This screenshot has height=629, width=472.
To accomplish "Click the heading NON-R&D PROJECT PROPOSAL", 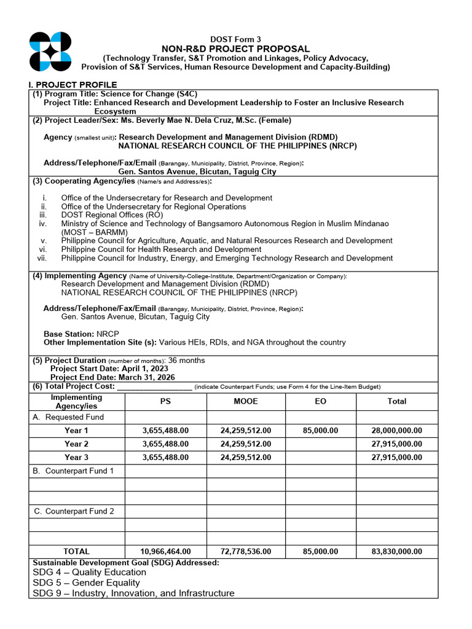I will click(235, 49).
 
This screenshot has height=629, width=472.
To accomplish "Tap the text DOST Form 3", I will click(235, 39).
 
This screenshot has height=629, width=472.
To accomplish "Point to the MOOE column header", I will click(245, 401).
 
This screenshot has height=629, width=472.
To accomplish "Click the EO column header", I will click(320, 401).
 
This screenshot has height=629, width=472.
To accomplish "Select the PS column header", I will click(165, 401).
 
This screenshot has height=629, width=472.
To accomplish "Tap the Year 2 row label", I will click(76, 443).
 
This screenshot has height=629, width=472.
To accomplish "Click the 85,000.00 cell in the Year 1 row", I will click(320, 431).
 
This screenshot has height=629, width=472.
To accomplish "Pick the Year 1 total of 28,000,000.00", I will click(396, 431).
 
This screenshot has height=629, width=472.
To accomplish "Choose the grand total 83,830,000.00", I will click(396, 552).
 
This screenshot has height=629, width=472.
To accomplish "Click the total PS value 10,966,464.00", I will click(165, 552).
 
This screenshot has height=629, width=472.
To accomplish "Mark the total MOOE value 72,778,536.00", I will click(245, 552).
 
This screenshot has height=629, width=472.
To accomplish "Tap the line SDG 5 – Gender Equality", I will click(86, 582).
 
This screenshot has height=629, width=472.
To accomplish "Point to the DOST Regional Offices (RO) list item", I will click(112, 215).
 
